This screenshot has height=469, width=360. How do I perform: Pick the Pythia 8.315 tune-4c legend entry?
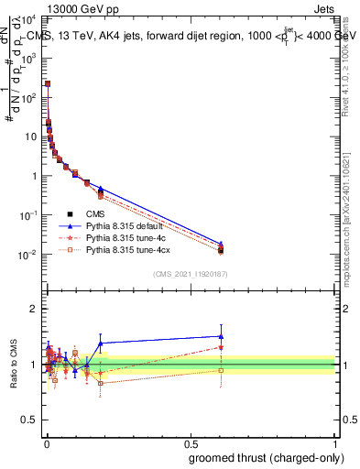click(x=125, y=237)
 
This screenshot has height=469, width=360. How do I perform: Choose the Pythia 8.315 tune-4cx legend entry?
click(x=126, y=249)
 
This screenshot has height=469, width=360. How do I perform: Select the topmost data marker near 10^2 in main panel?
click(x=48, y=83)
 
